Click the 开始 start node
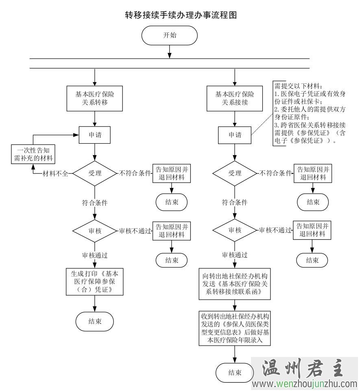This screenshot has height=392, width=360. tap(170, 35)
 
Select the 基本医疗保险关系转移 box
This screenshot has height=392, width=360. tap(94, 98)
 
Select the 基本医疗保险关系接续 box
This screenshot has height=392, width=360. tap(234, 98)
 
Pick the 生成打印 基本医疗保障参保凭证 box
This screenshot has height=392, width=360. tap(94, 281)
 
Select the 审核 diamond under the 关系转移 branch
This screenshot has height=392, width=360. tap(95, 231)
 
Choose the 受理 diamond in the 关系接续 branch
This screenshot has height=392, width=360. tap(235, 173)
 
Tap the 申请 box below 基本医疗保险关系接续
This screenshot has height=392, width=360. tap(234, 135)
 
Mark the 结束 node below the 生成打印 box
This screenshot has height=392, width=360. tap(94, 321)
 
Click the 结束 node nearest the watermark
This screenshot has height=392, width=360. tap(234, 372)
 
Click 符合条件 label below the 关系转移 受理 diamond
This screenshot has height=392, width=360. tap(95, 202)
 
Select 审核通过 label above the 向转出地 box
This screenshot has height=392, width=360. tap(234, 255)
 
